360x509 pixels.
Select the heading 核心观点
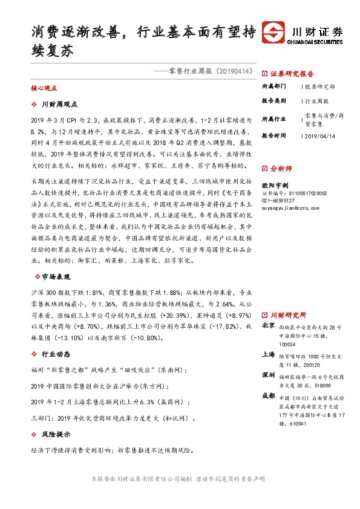click(x=42, y=88)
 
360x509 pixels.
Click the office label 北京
click(x=269, y=325)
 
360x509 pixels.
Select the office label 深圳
click(x=269, y=375)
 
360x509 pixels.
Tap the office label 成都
click(x=269, y=395)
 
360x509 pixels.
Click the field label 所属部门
click(x=273, y=87)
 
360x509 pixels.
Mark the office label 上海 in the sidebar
click(x=269, y=354)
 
